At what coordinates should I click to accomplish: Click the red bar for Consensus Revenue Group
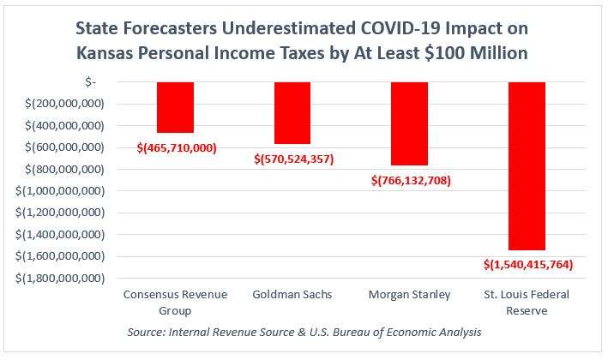(175, 107)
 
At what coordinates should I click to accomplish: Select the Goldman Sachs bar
(292, 113)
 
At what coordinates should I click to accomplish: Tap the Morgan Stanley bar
(409, 123)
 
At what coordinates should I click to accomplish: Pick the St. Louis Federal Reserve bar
(527, 165)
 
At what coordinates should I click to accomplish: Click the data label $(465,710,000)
(177, 147)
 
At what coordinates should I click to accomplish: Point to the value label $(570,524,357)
(294, 159)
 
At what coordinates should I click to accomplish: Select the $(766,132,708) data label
(411, 181)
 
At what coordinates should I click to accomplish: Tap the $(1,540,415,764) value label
(528, 265)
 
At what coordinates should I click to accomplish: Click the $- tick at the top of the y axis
(90, 82)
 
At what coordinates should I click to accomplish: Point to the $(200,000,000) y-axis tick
(65, 104)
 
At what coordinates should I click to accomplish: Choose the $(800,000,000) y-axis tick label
(65, 170)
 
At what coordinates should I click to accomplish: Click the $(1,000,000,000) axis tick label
(60, 191)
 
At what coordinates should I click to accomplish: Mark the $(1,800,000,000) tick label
(60, 279)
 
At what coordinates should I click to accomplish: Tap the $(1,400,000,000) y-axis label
(60, 235)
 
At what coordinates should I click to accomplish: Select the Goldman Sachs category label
(292, 295)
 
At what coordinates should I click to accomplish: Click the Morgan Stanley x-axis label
(409, 295)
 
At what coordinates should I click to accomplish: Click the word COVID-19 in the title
(400, 28)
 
